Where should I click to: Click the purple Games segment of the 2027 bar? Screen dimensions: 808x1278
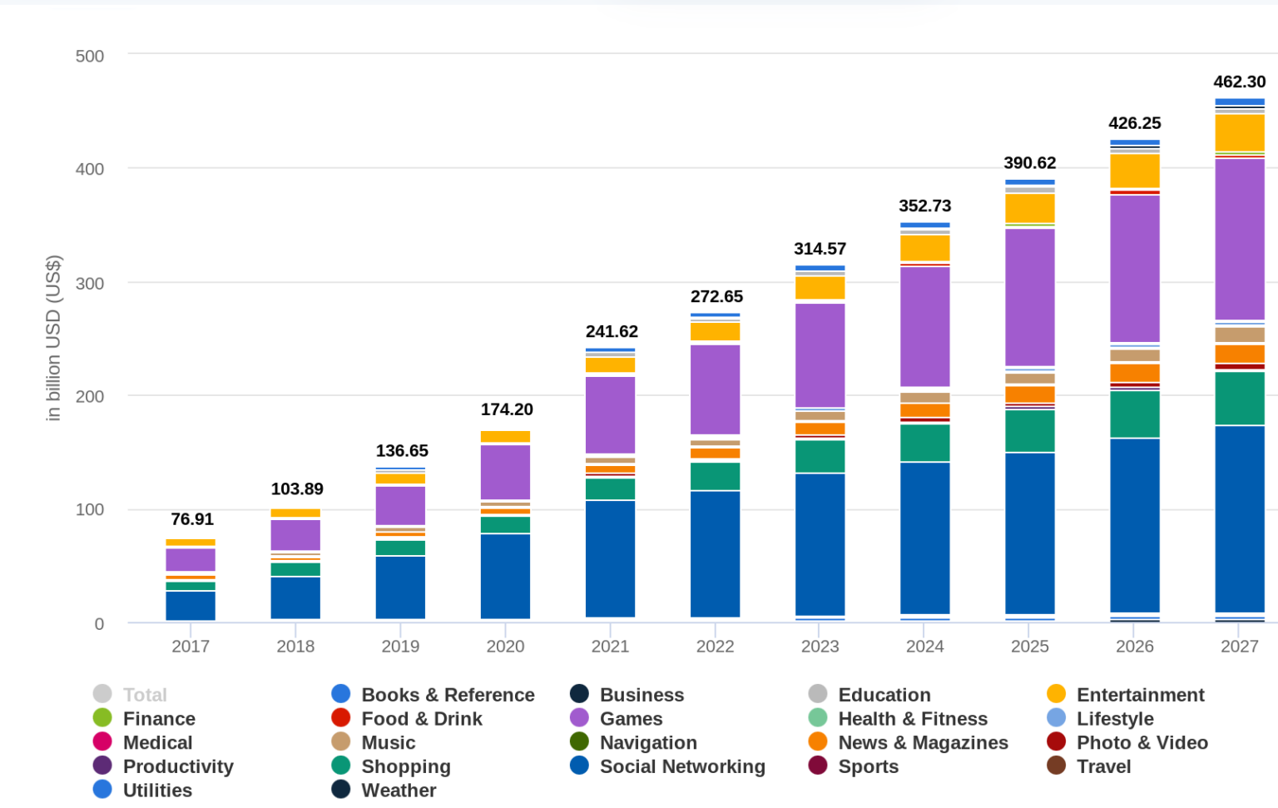click(1239, 239)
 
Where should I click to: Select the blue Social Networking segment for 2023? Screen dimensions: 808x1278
click(820, 544)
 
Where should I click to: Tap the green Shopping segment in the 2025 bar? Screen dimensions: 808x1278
click(1029, 431)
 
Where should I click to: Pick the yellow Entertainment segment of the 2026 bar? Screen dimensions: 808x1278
click(1134, 171)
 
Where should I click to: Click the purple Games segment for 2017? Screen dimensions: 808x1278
click(191, 559)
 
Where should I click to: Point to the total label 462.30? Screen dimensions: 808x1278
click(1239, 82)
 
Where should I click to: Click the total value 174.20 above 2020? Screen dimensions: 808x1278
click(506, 409)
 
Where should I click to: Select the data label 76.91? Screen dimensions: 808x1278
click(192, 519)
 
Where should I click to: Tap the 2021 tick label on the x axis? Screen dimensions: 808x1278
click(610, 647)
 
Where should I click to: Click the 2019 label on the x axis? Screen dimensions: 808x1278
click(400, 647)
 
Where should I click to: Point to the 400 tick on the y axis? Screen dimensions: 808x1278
click(90, 170)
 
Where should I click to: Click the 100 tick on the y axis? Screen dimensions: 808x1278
click(90, 510)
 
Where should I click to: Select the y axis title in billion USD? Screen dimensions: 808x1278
click(53, 338)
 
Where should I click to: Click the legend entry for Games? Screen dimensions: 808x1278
click(631, 719)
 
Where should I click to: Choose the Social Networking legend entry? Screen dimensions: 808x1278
click(681, 766)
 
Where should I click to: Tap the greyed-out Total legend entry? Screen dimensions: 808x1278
click(145, 695)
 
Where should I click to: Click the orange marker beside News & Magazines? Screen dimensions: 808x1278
click(818, 742)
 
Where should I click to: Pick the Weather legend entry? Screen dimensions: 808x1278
click(398, 791)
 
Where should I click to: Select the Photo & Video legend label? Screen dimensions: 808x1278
click(1142, 742)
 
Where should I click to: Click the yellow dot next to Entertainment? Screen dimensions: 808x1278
click(1056, 695)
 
